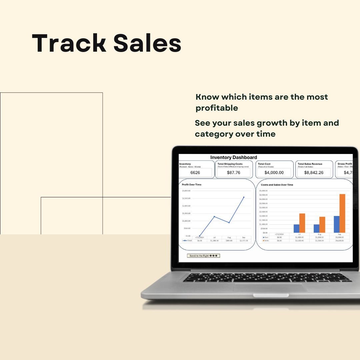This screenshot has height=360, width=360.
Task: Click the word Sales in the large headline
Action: [x=147, y=43]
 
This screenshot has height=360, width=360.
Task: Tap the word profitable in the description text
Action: [x=217, y=108]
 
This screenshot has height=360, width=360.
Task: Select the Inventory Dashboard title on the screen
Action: [x=233, y=157]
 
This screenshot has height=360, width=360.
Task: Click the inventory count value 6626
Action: [x=195, y=173]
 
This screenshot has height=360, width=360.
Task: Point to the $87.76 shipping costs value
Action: [x=233, y=173]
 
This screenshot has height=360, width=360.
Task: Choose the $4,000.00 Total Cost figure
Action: [x=274, y=173]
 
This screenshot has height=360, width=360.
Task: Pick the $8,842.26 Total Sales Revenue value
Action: [x=314, y=173]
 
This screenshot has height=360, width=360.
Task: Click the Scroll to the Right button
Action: [x=203, y=256]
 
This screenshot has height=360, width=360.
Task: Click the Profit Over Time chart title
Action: [x=192, y=184]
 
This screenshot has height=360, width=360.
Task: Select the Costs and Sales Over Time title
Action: [x=277, y=185]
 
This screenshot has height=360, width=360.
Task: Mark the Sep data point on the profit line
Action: [x=244, y=197]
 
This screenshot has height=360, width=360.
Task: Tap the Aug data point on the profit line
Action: [x=229, y=222]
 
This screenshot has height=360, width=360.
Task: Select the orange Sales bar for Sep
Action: [x=342, y=213]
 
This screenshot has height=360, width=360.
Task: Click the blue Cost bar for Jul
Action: [x=296, y=228]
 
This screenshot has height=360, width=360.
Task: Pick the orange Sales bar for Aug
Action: [x=322, y=225]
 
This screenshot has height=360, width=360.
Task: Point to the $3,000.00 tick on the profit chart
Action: [x=186, y=191]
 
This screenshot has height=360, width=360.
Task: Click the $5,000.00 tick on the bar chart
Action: [x=263, y=191]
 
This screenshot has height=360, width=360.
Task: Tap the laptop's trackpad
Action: [x=270, y=288]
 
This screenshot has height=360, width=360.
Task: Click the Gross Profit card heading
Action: [x=345, y=164]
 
